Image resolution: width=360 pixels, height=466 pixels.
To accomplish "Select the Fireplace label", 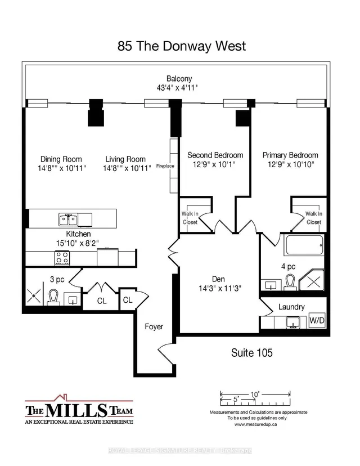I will click(173, 167).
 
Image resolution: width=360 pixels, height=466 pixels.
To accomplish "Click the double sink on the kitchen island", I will click(70, 218).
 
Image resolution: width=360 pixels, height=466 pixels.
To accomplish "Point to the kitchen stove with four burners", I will click(61, 258).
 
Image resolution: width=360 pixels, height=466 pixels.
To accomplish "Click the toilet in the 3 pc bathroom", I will click(54, 297).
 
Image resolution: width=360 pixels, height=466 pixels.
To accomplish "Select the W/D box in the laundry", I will click(317, 321).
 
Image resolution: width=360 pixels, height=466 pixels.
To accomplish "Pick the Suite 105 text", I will click(252, 353).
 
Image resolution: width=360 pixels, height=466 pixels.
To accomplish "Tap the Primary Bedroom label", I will click(290, 155).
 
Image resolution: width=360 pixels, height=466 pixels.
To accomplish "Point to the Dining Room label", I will click(61, 159).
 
